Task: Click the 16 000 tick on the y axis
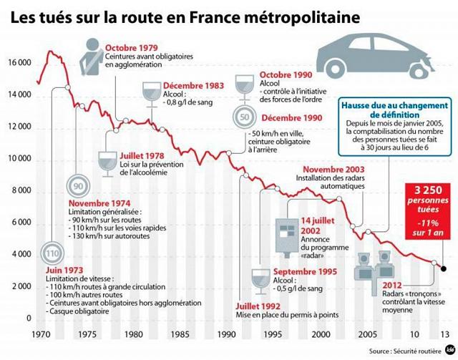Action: (x=19, y=63)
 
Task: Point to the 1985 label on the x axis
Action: (x=180, y=334)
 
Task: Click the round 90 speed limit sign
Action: (x=78, y=187)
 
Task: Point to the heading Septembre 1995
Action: (x=306, y=271)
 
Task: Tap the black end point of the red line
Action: (x=444, y=269)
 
